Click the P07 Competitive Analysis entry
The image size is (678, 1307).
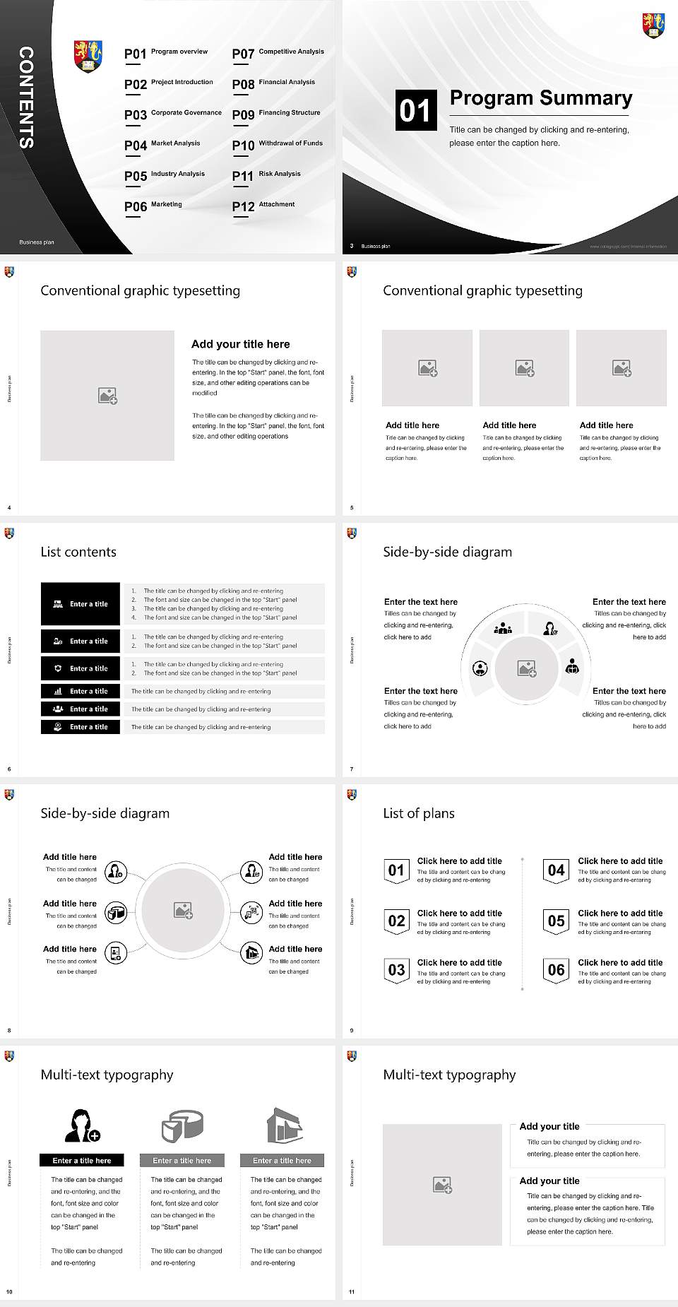(x=278, y=53)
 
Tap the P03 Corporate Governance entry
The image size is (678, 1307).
(x=173, y=114)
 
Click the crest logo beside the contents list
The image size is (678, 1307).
(x=88, y=57)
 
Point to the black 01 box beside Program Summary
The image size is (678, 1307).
(x=415, y=110)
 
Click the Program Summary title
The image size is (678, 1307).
(x=540, y=98)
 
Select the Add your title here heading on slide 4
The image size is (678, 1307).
(x=240, y=344)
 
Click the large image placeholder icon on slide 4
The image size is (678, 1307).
(x=107, y=396)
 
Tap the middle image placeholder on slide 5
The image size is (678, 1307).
(x=524, y=368)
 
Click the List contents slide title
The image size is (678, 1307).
(x=78, y=552)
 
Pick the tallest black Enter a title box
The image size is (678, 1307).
(x=81, y=603)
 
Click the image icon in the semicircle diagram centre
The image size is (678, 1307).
(x=527, y=668)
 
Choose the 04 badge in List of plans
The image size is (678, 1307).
(x=557, y=870)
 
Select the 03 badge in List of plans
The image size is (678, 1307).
(x=396, y=969)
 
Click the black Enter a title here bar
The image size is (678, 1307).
(x=81, y=1160)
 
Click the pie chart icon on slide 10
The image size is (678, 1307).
(x=182, y=1125)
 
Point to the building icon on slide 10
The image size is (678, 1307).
(x=284, y=1125)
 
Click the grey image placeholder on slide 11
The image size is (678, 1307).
(x=443, y=1185)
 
